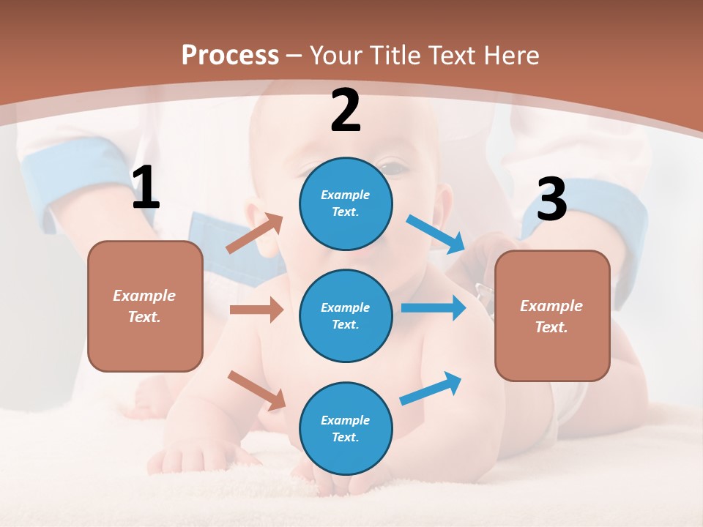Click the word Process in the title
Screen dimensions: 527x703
[230, 55]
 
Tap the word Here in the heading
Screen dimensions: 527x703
[510, 55]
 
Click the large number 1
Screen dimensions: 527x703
[146, 188]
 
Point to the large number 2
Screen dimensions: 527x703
[346, 111]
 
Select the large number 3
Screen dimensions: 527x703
[551, 200]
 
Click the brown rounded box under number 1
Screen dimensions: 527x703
[145, 306]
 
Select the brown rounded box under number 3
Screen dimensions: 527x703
[552, 316]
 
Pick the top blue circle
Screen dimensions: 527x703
[346, 203]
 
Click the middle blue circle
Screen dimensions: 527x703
[346, 315]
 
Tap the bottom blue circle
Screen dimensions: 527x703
[346, 428]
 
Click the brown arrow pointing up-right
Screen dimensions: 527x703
[255, 233]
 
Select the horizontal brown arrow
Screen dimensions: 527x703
[256, 310]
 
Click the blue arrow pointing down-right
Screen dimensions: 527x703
[436, 234]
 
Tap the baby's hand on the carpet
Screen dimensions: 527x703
[183, 457]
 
